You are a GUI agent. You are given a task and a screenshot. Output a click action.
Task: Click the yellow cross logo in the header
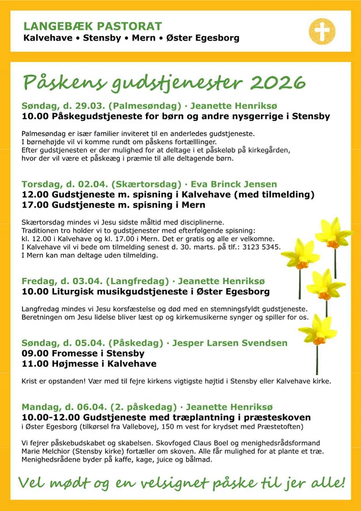(x=322, y=31)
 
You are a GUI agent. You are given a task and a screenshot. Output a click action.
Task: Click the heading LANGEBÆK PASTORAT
(x=93, y=26)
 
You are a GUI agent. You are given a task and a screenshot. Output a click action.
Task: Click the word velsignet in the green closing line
(x=169, y=484)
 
